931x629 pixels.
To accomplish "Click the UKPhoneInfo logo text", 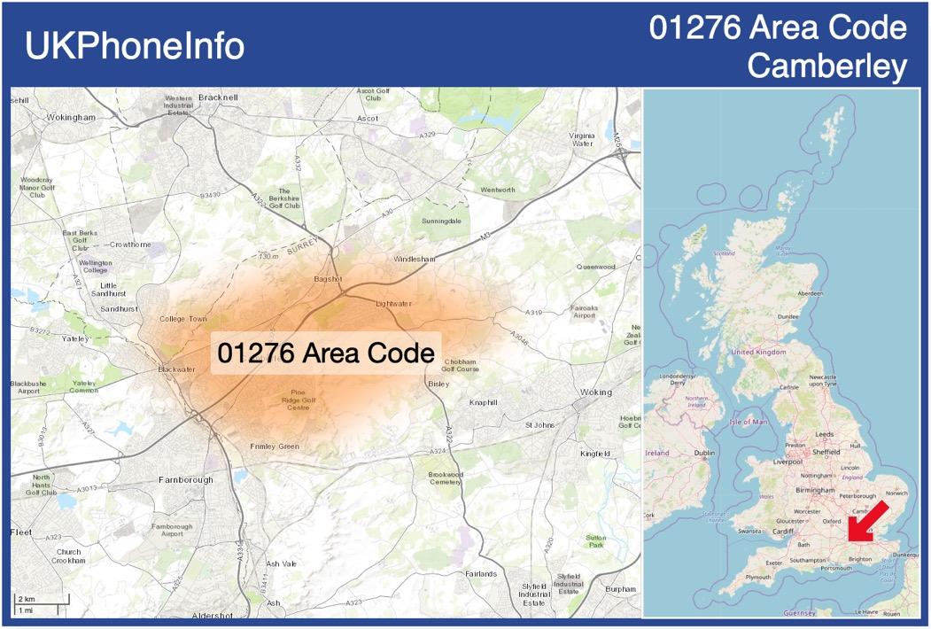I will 135,46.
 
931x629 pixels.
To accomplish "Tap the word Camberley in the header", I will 826,66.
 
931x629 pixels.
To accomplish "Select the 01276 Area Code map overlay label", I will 326,353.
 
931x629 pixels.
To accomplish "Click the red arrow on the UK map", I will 869,520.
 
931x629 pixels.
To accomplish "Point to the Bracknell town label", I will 219,97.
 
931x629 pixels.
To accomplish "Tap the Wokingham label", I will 71,117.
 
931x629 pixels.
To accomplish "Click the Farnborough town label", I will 186,479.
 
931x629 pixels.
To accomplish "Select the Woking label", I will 596,392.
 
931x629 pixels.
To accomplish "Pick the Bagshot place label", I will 328,279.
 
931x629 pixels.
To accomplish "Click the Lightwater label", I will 393,304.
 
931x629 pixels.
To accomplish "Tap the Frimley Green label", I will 275,447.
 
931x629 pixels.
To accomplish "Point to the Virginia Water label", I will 582,139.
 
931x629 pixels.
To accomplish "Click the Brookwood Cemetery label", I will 446,478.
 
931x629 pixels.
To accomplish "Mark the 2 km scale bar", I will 42,601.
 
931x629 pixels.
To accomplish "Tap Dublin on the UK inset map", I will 704,453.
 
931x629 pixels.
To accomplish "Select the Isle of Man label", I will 748,422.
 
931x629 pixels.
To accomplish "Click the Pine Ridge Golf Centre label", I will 299,400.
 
